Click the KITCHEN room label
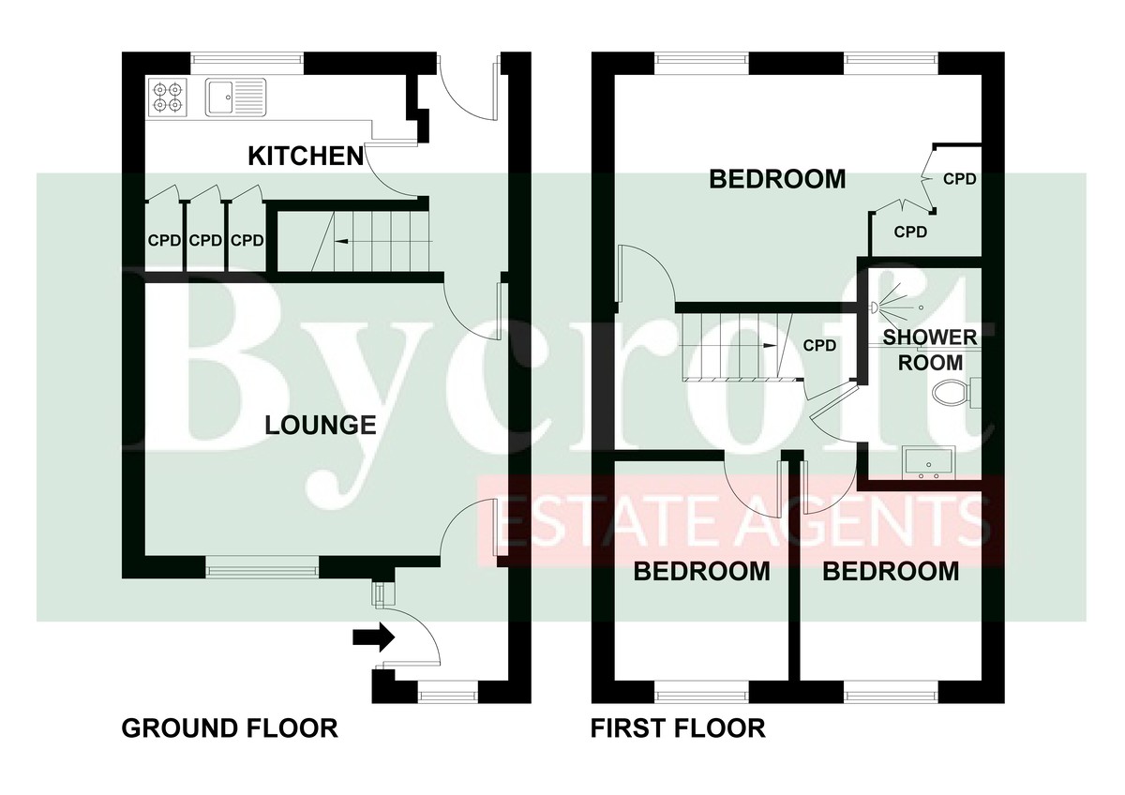tap(306, 157)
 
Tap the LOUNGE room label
tap(321, 426)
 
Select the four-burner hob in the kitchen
tap(167, 97)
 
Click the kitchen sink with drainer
tap(235, 97)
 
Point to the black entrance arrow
tap(374, 637)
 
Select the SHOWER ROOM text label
tap(930, 350)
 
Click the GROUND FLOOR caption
tap(230, 728)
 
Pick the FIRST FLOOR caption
tap(678, 728)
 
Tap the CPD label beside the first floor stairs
tap(819, 346)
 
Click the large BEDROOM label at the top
tap(777, 179)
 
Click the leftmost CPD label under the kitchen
tap(164, 241)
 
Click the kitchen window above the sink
tap(247, 59)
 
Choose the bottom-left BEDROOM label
tap(701, 572)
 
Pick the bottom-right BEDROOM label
tap(891, 572)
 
